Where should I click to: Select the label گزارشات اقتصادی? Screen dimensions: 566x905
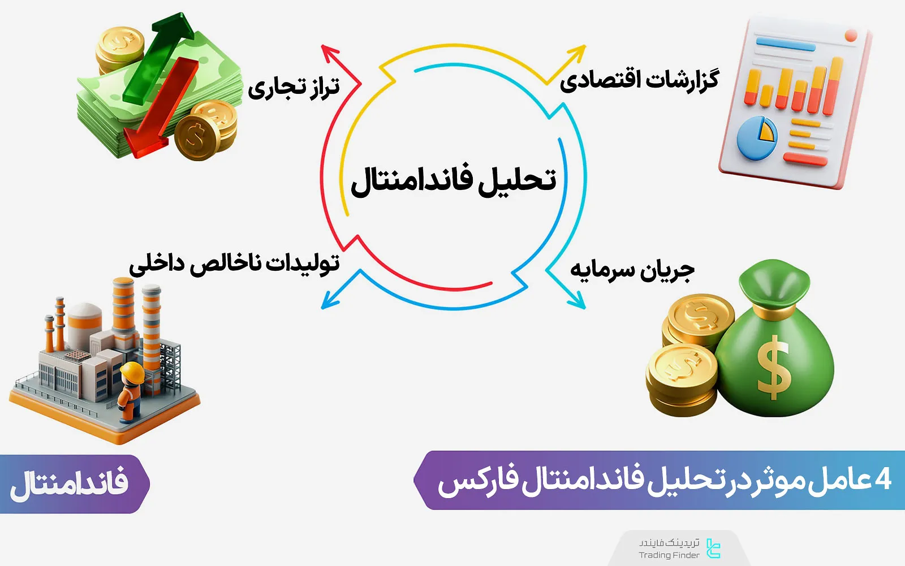(x=639, y=80)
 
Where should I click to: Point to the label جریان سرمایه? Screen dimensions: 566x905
(x=632, y=270)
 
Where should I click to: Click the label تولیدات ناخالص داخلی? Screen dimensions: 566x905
(x=234, y=264)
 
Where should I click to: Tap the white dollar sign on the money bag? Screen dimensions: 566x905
(x=773, y=368)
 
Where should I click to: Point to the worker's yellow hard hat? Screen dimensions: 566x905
(x=133, y=371)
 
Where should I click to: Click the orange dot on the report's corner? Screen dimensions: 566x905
(x=851, y=36)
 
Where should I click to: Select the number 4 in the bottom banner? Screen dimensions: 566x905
(x=883, y=479)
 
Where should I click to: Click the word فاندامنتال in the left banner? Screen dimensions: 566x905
(x=69, y=483)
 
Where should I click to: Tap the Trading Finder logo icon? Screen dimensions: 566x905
(x=713, y=548)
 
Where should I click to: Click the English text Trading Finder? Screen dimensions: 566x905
(x=669, y=555)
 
